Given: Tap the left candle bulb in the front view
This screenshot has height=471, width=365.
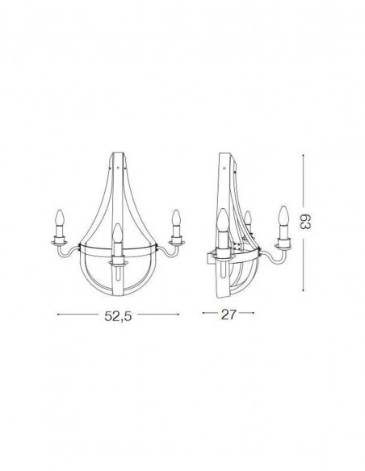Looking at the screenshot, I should [x=58, y=218].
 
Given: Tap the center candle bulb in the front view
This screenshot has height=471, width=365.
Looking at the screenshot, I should [x=117, y=235].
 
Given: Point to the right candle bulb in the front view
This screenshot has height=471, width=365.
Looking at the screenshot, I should [x=175, y=218].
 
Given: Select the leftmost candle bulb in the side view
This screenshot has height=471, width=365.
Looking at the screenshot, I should [x=222, y=218].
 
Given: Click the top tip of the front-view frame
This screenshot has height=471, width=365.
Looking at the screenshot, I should [x=117, y=152].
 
